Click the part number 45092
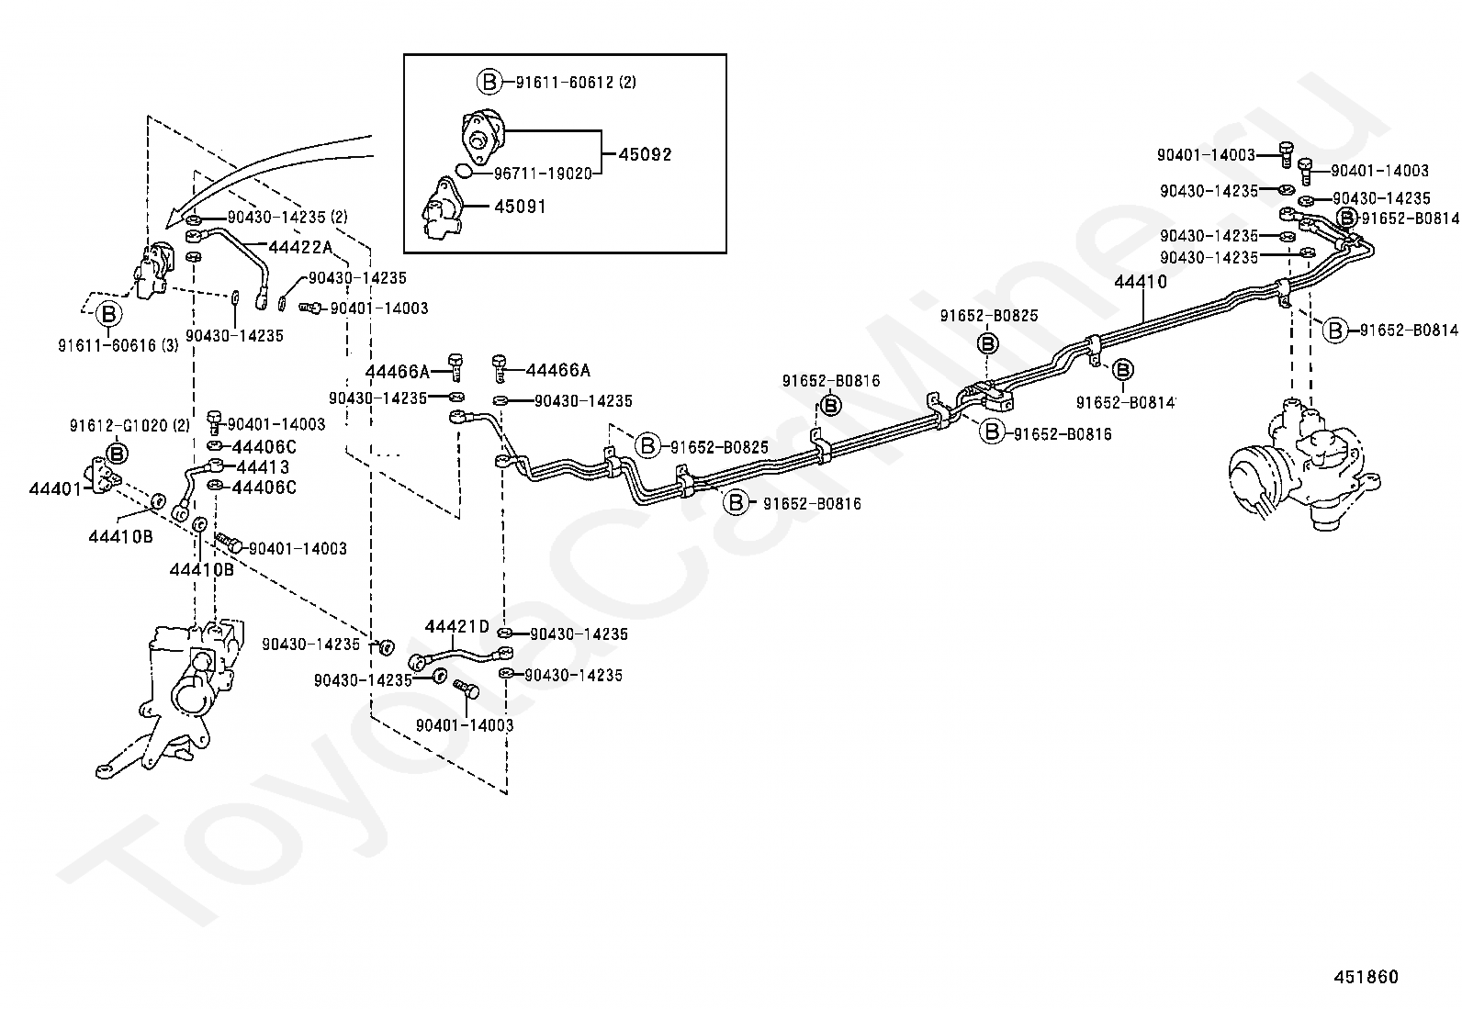pyautogui.click(x=645, y=154)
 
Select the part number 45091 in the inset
pyautogui.click(x=520, y=207)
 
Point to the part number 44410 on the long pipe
pyautogui.click(x=1141, y=282)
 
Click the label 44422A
pyautogui.click(x=300, y=246)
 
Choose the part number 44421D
pyautogui.click(x=457, y=626)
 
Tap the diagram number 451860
pyautogui.click(x=1366, y=977)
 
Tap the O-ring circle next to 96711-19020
pyautogui.click(x=465, y=172)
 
